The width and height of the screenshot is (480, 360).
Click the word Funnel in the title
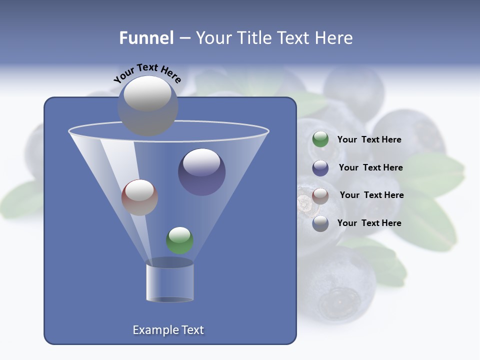point(146,38)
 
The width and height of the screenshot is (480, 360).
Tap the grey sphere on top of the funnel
point(147,105)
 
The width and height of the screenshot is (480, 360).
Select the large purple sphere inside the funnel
point(201,172)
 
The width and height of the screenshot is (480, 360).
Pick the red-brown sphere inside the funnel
point(139,197)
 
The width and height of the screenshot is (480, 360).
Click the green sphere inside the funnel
point(179,240)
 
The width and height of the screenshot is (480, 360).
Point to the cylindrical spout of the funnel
point(169,282)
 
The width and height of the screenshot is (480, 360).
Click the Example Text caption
point(168,330)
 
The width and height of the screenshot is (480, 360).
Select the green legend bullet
point(320,139)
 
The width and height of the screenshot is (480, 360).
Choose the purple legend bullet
point(320,168)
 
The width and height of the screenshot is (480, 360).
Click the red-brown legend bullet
point(320,195)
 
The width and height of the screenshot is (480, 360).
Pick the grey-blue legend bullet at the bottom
point(320,223)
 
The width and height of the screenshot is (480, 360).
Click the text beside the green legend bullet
point(369,140)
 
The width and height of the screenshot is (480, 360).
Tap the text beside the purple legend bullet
point(370,168)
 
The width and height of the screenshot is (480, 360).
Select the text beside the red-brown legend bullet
point(371,195)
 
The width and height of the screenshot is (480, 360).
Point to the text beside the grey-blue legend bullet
point(369,223)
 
